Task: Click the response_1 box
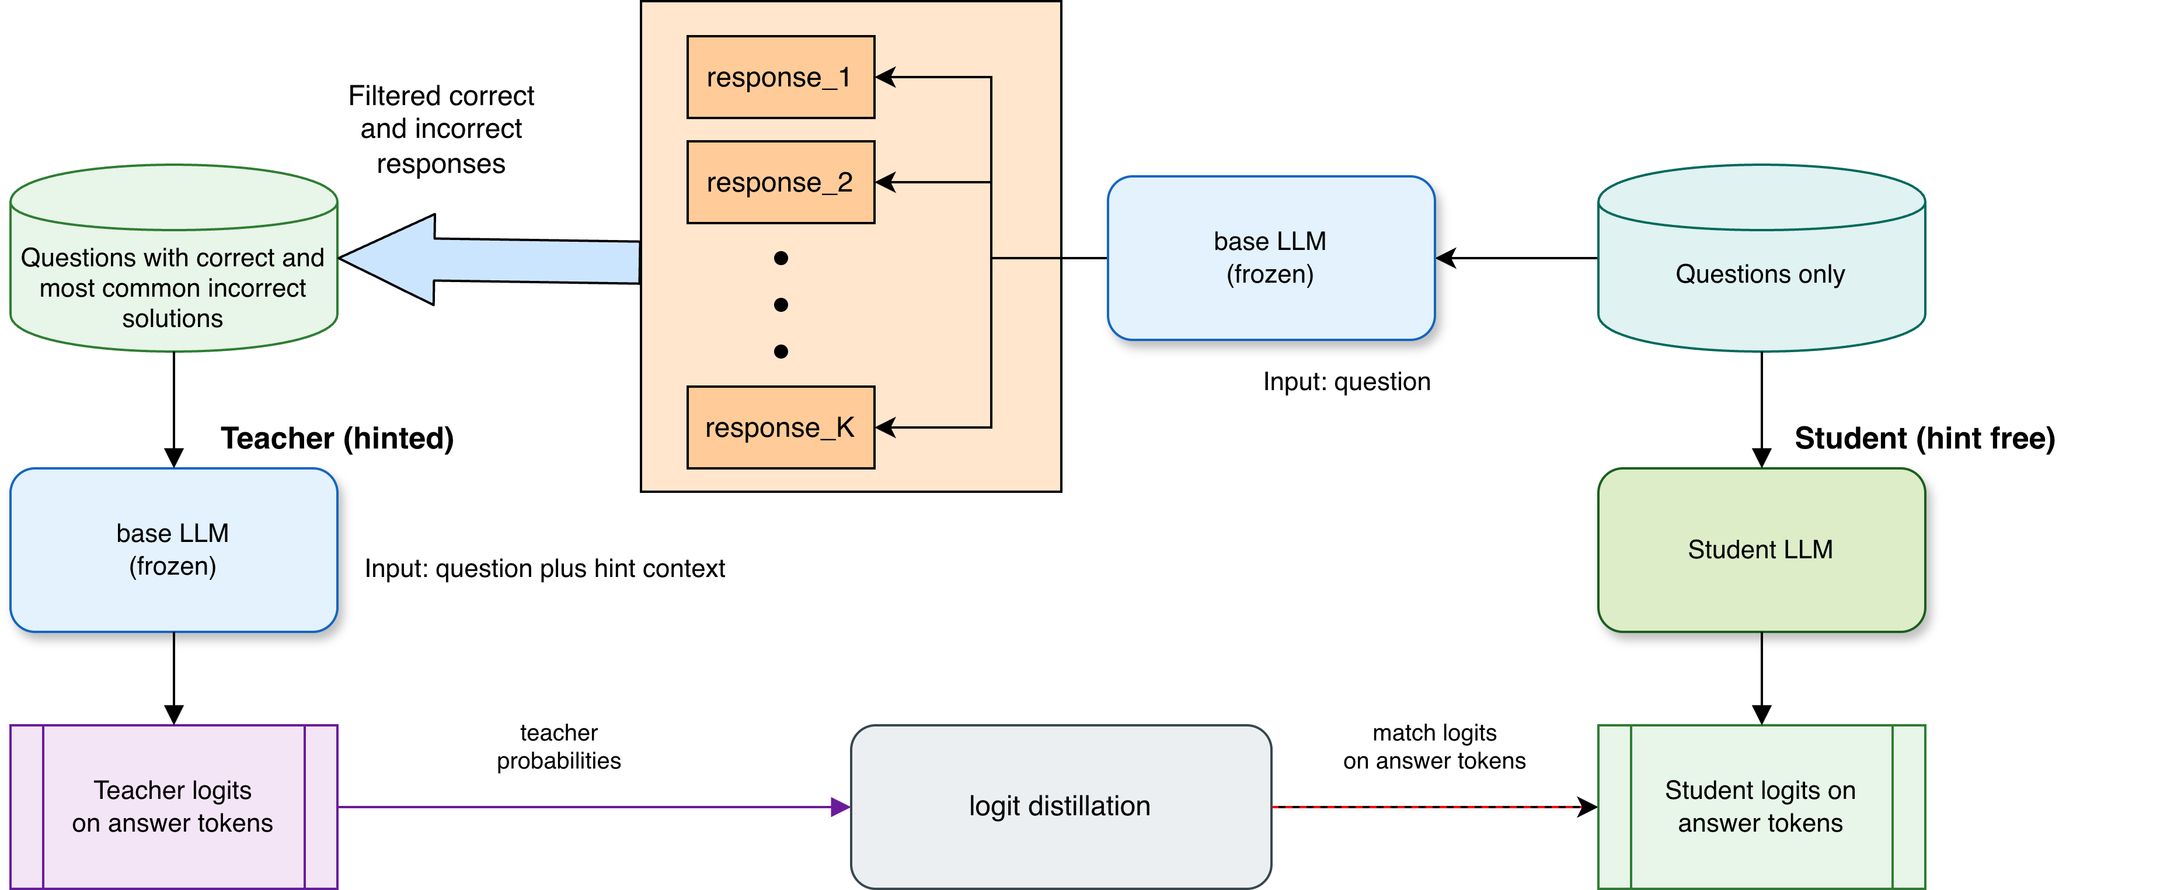click(780, 77)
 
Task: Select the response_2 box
click(780, 182)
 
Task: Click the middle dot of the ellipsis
click(781, 304)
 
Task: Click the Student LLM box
click(1761, 550)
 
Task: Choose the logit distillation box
click(1061, 806)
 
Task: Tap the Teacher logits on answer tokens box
click(173, 806)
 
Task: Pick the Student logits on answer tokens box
click(1761, 806)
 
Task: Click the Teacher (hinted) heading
click(337, 438)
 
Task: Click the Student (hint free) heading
click(1924, 438)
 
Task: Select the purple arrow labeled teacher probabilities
click(587, 807)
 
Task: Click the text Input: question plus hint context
click(545, 569)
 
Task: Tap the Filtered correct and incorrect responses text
click(441, 129)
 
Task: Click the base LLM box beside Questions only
click(1270, 258)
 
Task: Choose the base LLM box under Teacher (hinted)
click(173, 550)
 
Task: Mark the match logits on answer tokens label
click(1434, 746)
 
